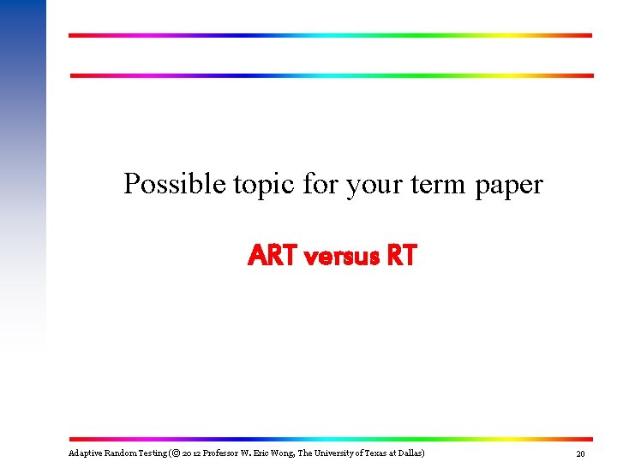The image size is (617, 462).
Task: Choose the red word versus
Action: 336,255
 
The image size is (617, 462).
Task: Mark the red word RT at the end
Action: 401,255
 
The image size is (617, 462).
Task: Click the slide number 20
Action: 580,453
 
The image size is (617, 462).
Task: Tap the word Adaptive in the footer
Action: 84,453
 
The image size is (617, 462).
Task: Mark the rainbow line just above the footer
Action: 330,439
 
